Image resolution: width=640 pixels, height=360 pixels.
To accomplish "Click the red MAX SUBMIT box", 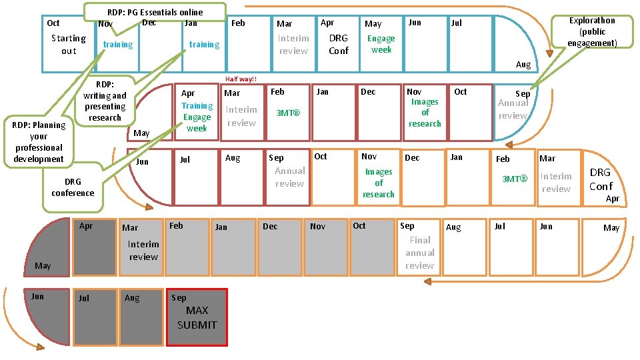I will (x=197, y=317).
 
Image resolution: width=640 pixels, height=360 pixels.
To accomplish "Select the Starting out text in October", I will (x=69, y=45).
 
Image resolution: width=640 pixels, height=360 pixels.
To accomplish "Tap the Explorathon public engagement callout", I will (x=592, y=32).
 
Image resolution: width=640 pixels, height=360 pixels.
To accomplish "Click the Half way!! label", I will (x=241, y=79).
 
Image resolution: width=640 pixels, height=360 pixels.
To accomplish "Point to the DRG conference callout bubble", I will (x=73, y=187).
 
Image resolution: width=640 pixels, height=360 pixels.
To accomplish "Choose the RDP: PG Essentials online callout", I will (x=155, y=12).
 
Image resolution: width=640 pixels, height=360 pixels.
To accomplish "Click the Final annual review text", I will (x=419, y=253).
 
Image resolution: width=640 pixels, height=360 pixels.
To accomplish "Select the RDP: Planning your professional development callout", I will (x=39, y=141).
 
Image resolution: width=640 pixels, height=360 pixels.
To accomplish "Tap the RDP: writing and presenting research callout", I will (x=105, y=101).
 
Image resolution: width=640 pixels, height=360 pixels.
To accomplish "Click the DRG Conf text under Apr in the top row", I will (x=339, y=44).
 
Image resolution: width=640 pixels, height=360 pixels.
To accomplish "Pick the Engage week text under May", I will (x=381, y=44).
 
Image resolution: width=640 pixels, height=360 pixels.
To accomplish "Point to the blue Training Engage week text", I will (x=197, y=117).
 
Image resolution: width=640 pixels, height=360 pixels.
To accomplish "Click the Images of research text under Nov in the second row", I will (x=425, y=113).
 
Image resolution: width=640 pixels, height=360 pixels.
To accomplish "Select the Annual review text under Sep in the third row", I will (x=289, y=177).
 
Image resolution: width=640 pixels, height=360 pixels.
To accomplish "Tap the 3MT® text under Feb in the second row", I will (x=288, y=113).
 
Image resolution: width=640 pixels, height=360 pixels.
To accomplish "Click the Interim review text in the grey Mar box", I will (x=143, y=250).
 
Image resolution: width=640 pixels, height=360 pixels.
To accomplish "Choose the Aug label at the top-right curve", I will (x=523, y=65).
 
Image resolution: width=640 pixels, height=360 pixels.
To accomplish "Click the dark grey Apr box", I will (x=93, y=246).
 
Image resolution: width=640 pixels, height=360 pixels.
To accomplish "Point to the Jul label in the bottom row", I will (x=83, y=298).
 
